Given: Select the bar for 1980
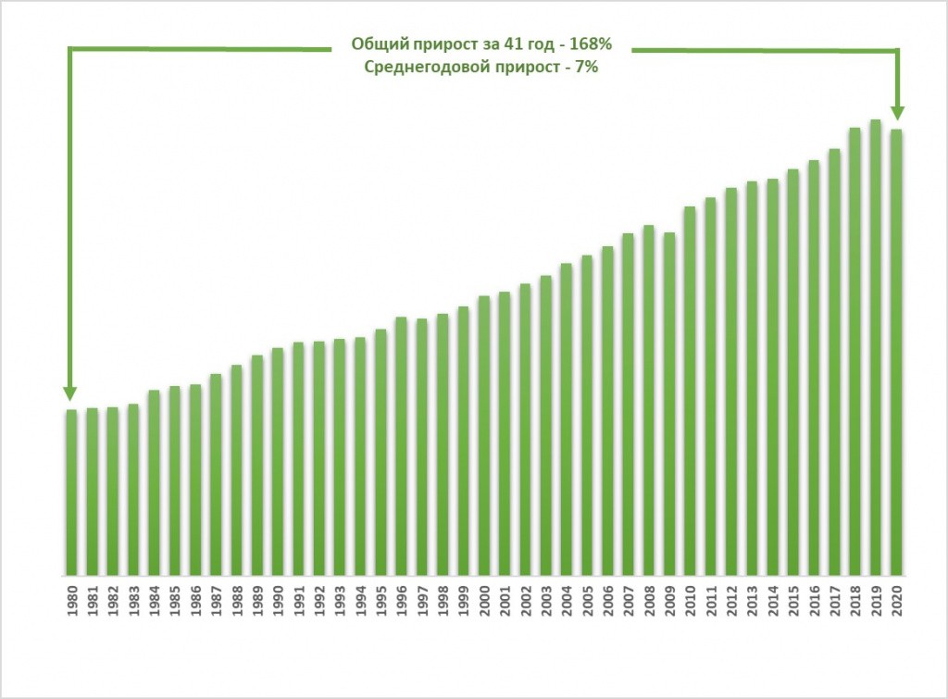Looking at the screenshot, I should click(71, 492).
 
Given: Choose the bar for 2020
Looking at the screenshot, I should click(895, 352).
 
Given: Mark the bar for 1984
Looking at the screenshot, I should click(154, 482).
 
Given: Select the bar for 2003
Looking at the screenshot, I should click(545, 425).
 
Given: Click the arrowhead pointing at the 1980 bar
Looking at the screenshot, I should click(70, 393).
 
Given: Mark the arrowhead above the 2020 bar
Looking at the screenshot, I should click(896, 112).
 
